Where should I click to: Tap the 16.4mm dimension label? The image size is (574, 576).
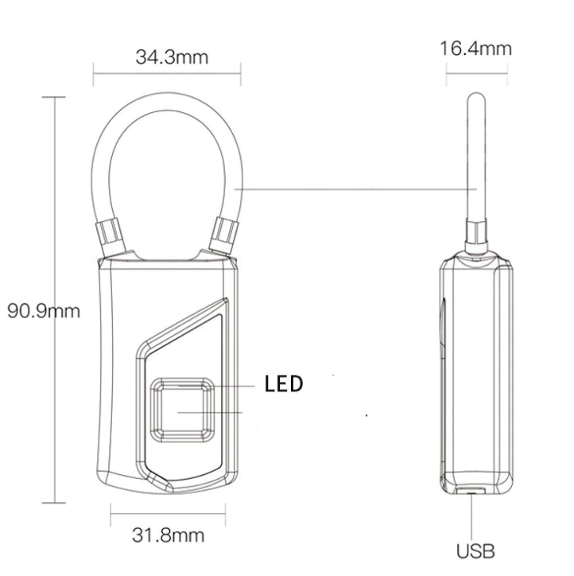(x=475, y=49)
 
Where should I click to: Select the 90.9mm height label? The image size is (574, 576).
(x=44, y=310)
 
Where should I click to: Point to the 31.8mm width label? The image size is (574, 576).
(x=169, y=535)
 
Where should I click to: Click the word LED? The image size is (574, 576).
(x=284, y=385)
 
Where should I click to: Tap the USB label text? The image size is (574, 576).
(x=476, y=550)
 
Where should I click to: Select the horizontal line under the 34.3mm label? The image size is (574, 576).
(x=167, y=77)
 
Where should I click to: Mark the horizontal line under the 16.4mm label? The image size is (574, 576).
(x=475, y=76)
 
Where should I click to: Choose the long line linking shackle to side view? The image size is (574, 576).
(x=358, y=189)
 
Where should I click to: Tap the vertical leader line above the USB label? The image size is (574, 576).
(x=475, y=517)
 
